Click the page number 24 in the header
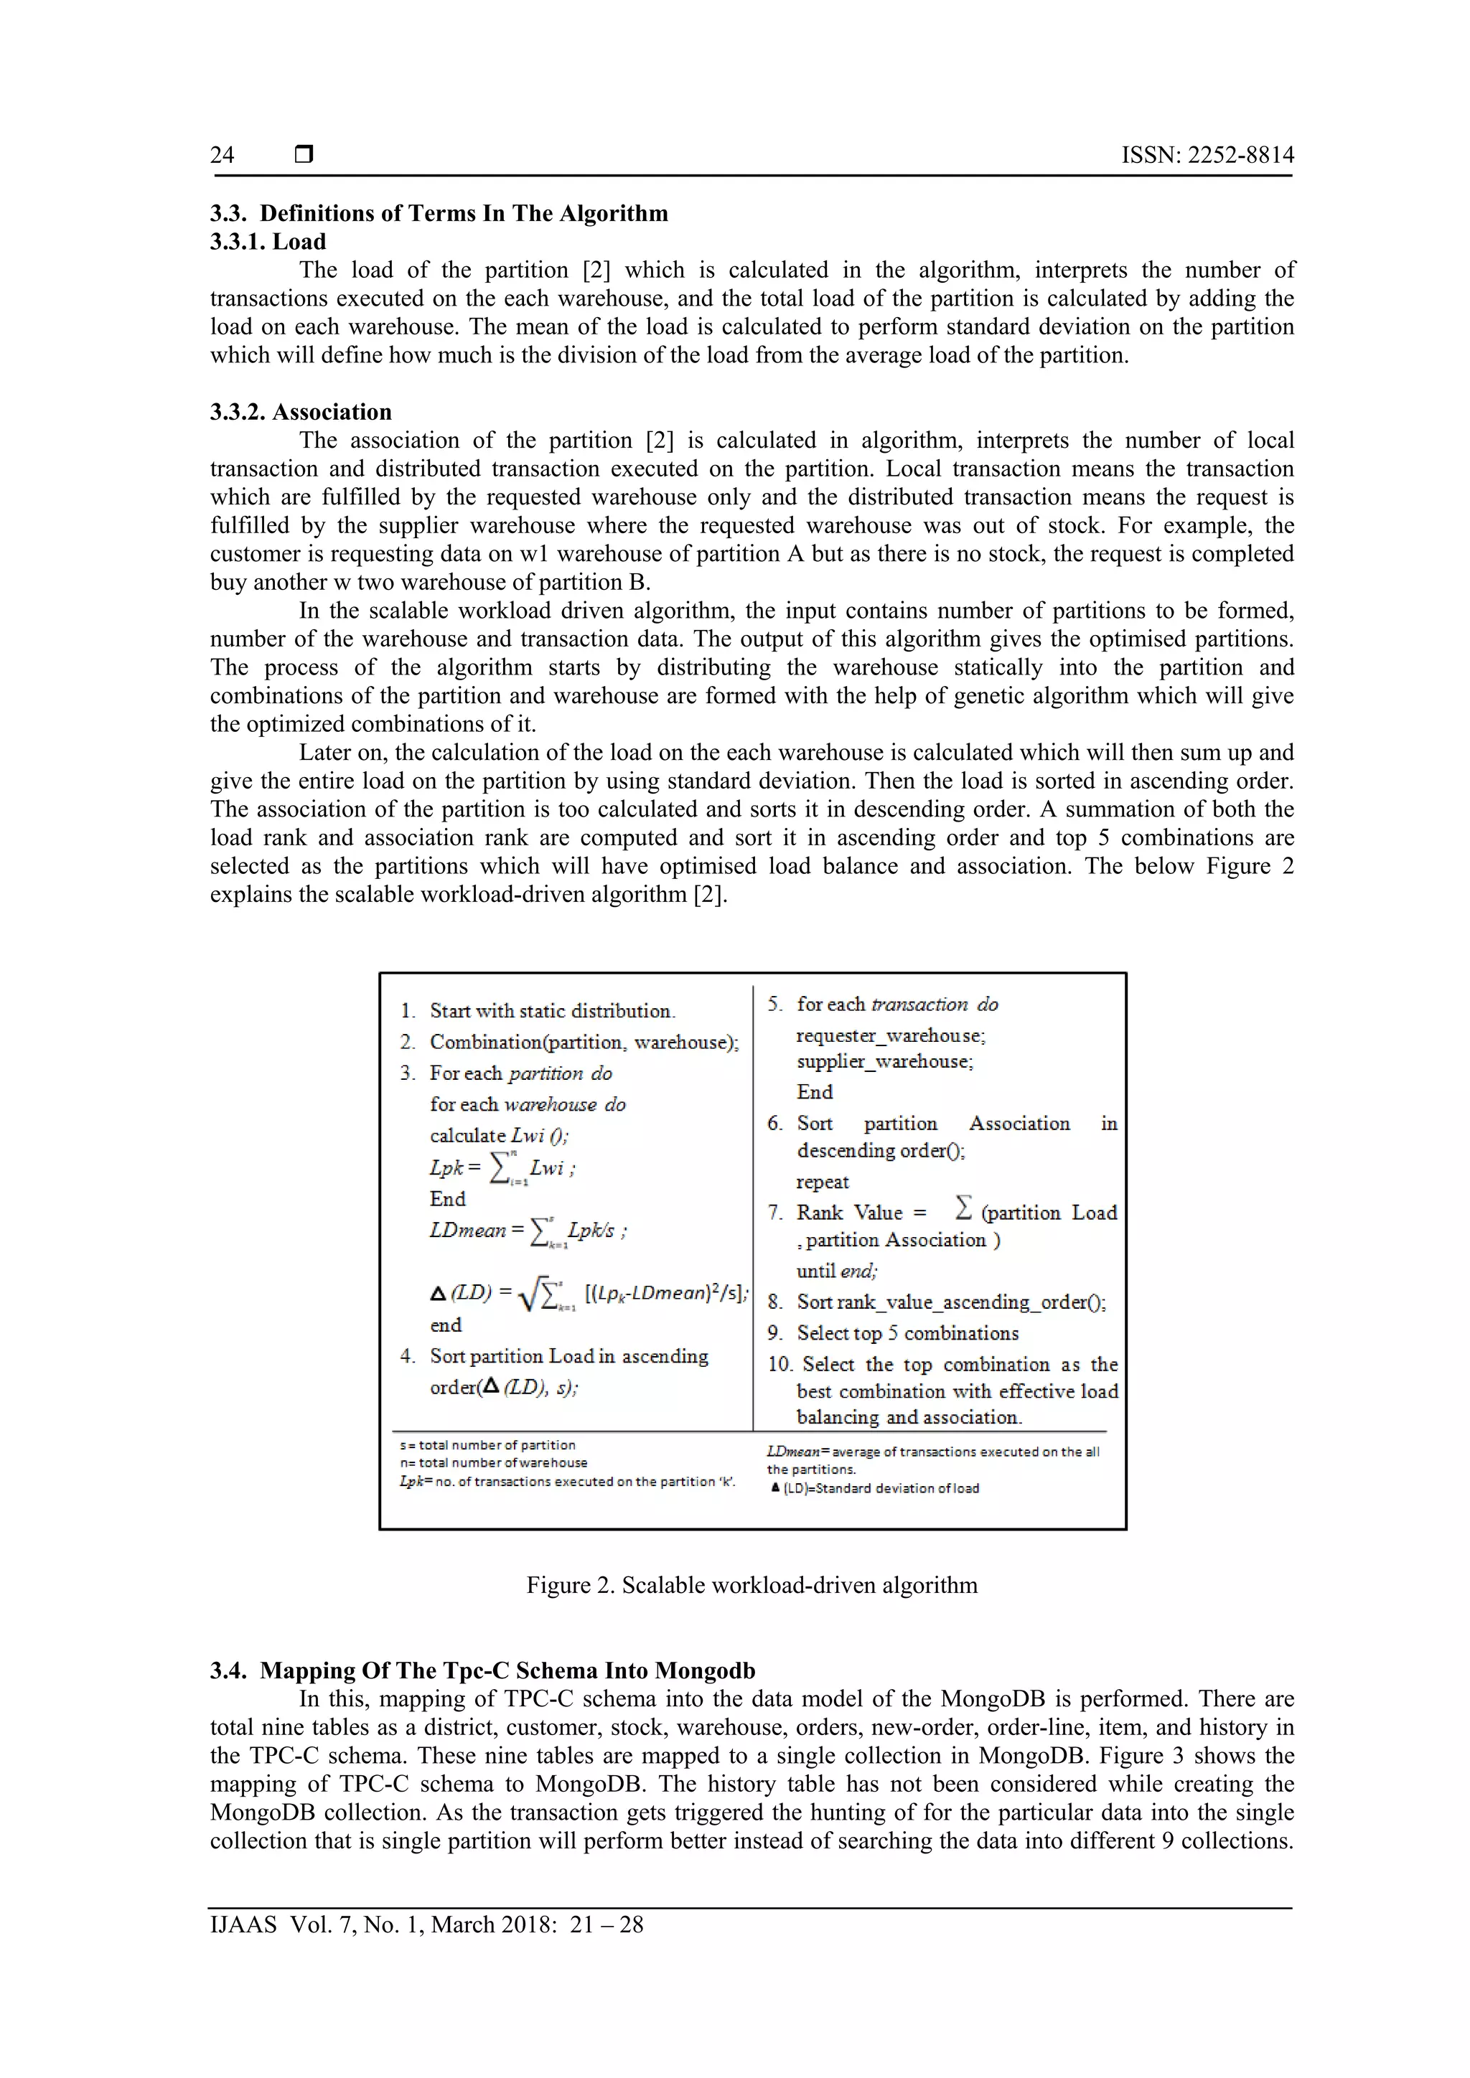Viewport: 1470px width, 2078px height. click(x=222, y=155)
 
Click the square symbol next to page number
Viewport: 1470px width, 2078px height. click(x=304, y=155)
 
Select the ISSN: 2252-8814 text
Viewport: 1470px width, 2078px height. click(x=1207, y=155)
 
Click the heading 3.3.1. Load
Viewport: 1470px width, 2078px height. click(x=268, y=242)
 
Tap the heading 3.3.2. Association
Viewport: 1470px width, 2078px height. click(x=301, y=412)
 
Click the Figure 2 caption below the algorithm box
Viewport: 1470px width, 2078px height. click(x=752, y=1585)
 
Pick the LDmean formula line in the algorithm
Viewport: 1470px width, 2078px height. click(x=528, y=1231)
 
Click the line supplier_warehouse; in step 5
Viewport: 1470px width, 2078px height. click(x=884, y=1062)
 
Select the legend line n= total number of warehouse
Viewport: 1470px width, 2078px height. click(x=493, y=1462)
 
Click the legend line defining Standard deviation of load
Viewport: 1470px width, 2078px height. click(x=874, y=1489)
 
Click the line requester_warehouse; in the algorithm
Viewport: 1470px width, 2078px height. click(x=891, y=1035)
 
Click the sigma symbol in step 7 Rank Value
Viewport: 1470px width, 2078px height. click(x=963, y=1208)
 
